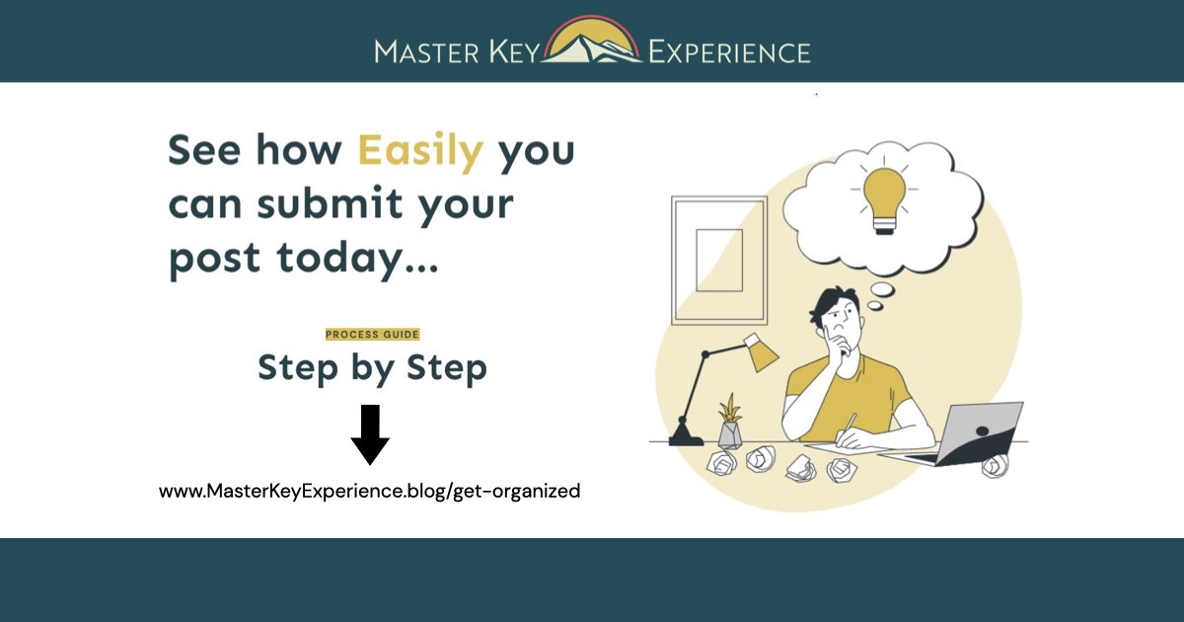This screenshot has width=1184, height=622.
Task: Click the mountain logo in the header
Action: point(592,41)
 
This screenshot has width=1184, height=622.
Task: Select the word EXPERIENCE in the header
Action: point(729,51)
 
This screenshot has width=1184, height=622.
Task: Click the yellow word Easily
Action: point(420,151)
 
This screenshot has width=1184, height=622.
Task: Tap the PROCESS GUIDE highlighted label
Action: point(372,335)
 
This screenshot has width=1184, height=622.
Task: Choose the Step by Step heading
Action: point(372,368)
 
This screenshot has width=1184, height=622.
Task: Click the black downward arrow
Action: point(370,433)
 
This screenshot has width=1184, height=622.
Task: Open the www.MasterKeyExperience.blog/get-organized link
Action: point(370,490)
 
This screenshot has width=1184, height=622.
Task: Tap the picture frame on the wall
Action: point(718,260)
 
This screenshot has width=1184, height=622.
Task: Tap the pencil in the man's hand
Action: point(849,424)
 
